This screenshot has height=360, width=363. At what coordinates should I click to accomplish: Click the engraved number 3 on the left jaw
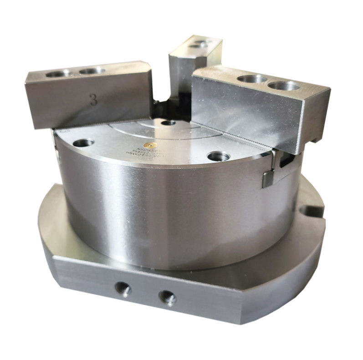coord(93,100)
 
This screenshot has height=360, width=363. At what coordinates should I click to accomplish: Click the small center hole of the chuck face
coord(168,122)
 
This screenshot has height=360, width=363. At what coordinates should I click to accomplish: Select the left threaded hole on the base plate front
coord(123,288)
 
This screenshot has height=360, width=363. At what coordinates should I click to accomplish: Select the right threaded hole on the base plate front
coord(167,298)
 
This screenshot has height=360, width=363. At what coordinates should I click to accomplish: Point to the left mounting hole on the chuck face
coord(83,143)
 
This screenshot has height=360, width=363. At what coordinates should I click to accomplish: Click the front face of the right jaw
coord(241,112)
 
